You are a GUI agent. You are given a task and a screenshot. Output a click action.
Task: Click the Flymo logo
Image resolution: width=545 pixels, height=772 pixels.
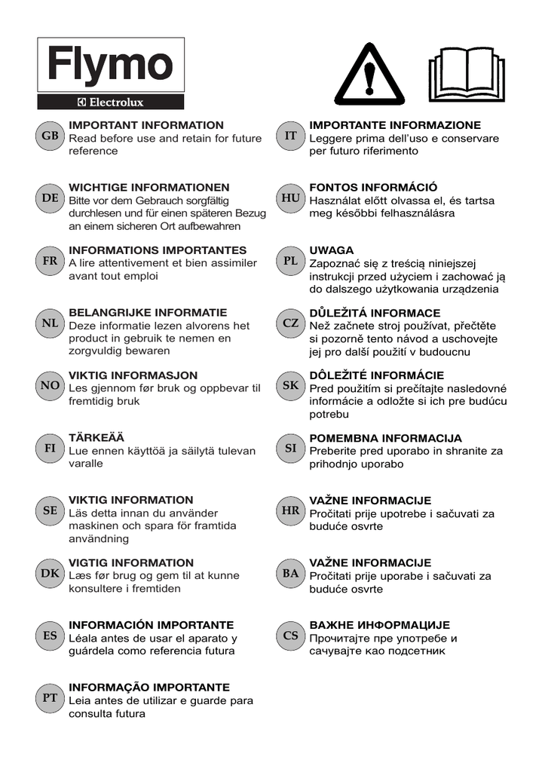(x=111, y=66)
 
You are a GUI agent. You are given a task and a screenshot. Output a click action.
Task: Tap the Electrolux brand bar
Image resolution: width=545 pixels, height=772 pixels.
(x=111, y=103)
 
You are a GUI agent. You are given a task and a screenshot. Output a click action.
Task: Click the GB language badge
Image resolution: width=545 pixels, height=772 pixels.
(x=51, y=136)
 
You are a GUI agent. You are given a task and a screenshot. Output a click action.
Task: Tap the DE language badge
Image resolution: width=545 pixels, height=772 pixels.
(x=51, y=198)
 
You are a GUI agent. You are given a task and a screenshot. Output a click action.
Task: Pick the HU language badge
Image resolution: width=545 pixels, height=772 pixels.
(x=291, y=198)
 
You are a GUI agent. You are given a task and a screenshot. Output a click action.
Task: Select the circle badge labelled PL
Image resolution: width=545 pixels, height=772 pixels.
(x=291, y=261)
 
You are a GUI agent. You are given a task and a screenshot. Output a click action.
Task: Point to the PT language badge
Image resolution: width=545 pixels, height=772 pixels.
(x=51, y=698)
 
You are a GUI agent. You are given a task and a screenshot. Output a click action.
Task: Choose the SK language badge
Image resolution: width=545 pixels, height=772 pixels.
(x=291, y=386)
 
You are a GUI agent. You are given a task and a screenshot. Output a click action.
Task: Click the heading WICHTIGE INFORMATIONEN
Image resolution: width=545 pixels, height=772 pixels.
(x=149, y=187)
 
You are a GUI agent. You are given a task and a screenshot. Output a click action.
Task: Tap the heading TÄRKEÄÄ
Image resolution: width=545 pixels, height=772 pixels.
(x=96, y=437)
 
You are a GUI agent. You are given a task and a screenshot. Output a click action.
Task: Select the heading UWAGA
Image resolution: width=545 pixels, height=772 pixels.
(x=332, y=250)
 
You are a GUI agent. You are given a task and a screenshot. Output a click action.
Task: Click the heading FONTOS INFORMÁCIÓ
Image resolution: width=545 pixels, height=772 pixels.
(x=373, y=187)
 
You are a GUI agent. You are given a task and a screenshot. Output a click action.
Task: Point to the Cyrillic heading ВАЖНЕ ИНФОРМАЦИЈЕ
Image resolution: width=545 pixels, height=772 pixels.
(x=380, y=625)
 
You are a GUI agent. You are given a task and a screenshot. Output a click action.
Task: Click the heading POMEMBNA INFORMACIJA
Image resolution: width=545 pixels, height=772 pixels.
(x=386, y=437)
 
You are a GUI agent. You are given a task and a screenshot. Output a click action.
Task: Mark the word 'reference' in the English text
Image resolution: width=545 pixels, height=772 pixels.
(x=93, y=152)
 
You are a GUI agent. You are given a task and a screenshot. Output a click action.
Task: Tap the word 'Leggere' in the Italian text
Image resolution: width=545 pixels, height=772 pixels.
(x=332, y=139)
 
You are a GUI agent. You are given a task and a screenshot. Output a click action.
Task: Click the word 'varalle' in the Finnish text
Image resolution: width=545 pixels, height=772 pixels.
(x=86, y=464)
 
